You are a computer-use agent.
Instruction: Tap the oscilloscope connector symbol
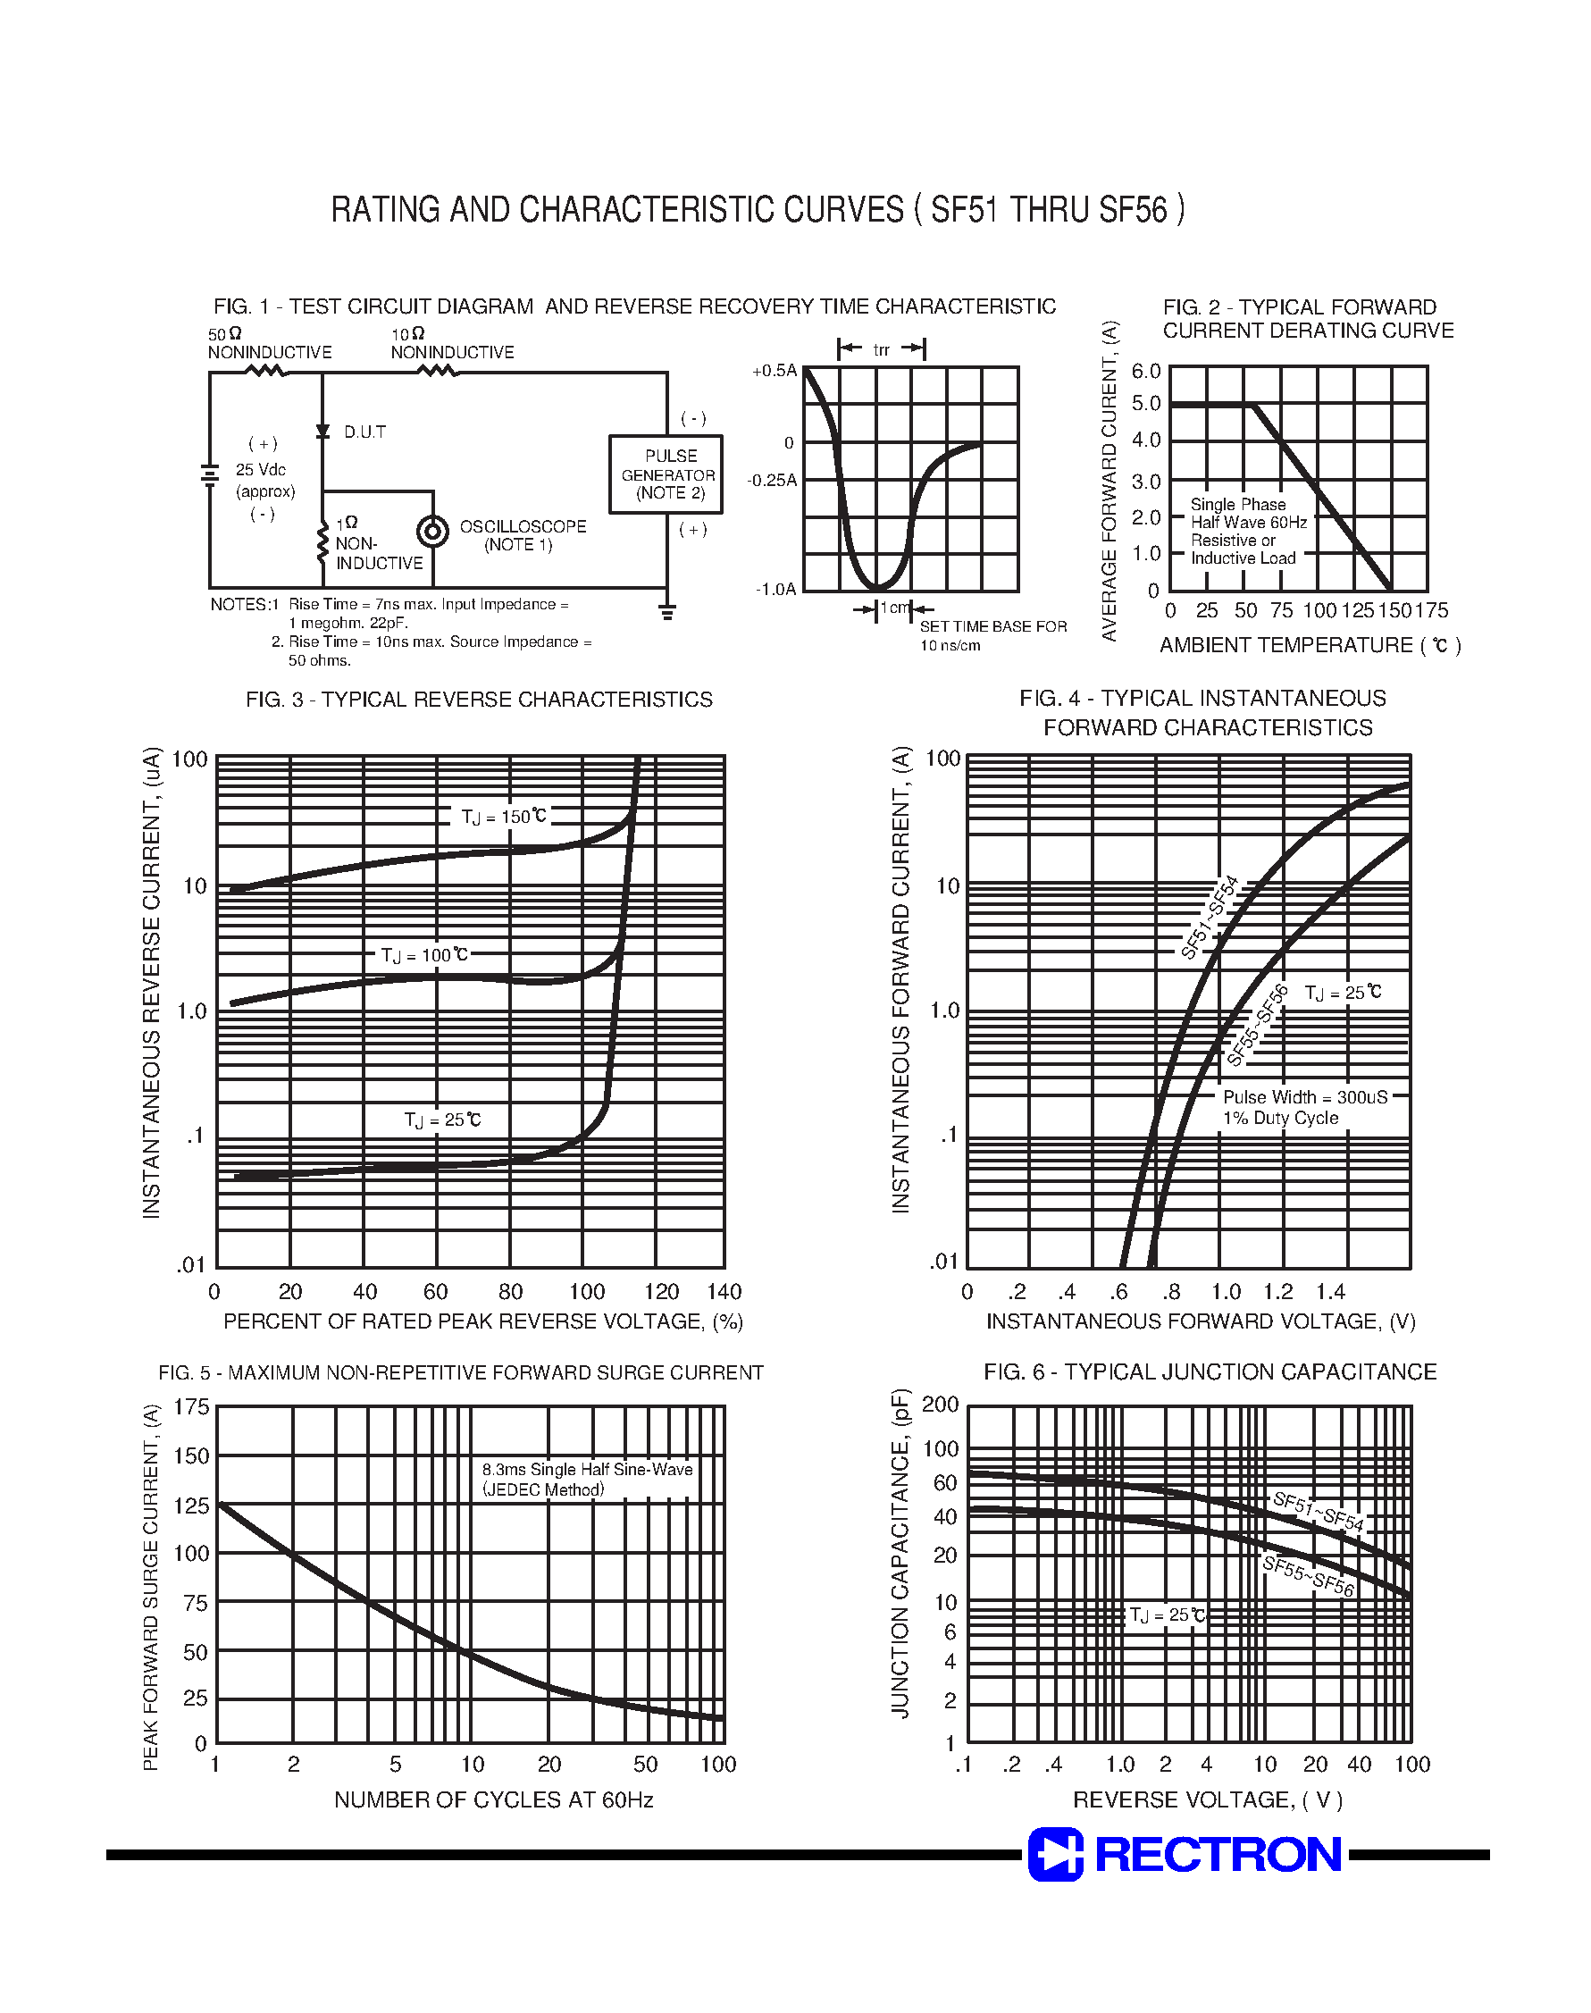click(432, 533)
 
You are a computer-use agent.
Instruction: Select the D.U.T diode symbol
click(323, 432)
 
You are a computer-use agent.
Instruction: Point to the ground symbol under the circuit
click(667, 612)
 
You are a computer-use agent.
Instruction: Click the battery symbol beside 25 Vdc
click(210, 476)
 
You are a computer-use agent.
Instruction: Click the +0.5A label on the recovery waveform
click(775, 371)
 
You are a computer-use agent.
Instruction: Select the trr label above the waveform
click(881, 350)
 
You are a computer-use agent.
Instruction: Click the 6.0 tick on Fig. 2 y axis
click(1146, 372)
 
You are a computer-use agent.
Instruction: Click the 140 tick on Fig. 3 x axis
click(724, 1292)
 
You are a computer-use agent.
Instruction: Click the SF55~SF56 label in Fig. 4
click(1258, 1026)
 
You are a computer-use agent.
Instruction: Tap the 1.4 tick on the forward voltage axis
click(1330, 1292)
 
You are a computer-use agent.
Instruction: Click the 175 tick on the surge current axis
click(192, 1406)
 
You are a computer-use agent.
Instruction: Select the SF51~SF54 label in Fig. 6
click(1318, 1512)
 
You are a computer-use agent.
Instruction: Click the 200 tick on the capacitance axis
click(940, 1405)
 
